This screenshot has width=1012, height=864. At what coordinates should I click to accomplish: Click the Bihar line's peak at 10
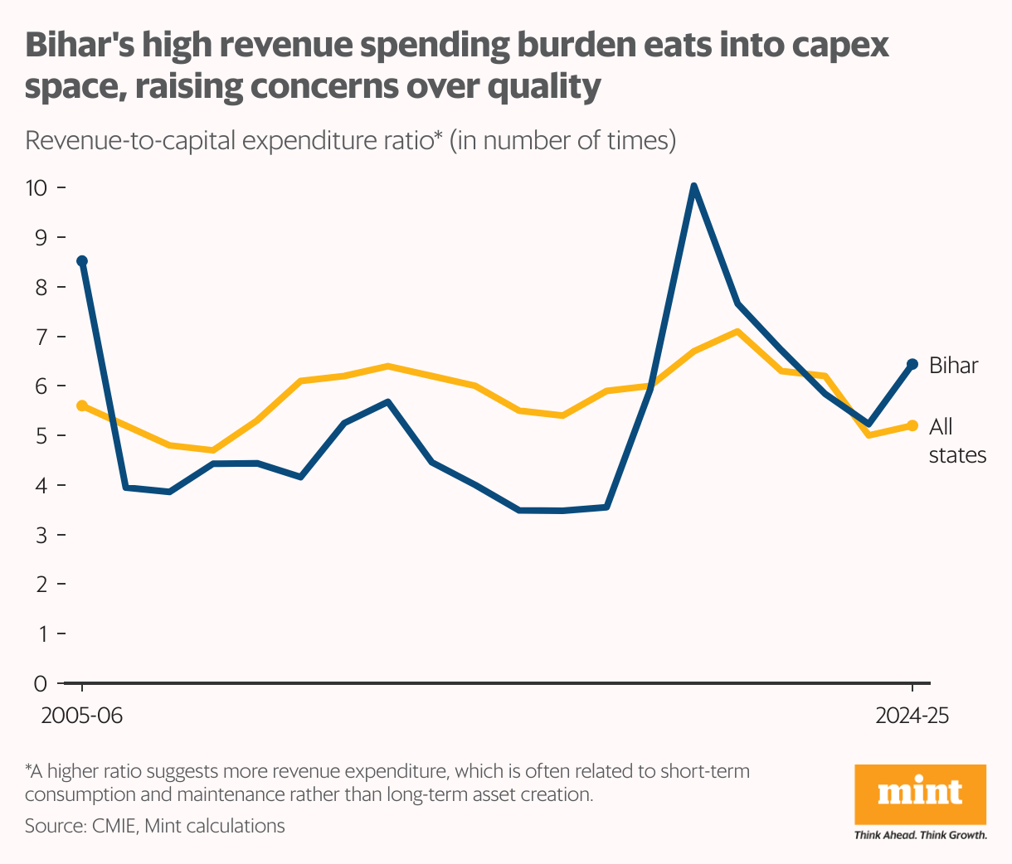(693, 187)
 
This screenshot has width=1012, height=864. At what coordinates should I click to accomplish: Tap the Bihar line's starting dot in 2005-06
(82, 261)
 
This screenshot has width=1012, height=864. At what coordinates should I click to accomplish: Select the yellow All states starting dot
(82, 405)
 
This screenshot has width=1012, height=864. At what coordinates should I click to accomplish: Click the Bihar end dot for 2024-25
(912, 364)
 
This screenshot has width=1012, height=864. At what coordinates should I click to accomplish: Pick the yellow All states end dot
(912, 425)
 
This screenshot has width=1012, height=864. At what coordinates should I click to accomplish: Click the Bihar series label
(953, 366)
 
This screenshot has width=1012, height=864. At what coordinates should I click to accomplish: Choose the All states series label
(956, 441)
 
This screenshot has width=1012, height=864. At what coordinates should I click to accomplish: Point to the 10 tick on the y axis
(37, 187)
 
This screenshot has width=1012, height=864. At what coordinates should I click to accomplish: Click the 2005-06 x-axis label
(82, 716)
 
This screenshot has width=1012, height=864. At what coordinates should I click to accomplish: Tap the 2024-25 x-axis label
(912, 716)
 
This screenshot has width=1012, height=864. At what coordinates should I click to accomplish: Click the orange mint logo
(920, 794)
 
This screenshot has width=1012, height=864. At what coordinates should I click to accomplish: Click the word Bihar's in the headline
(77, 46)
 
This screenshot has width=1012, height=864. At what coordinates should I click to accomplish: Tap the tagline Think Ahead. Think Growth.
(920, 835)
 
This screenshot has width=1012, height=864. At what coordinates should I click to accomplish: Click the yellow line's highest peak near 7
(737, 332)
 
